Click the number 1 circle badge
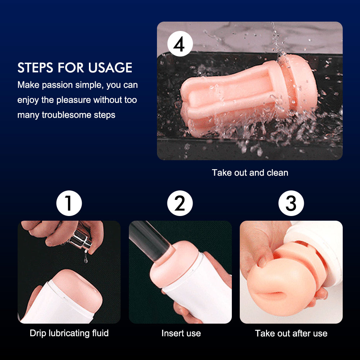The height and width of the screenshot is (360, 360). point(69,203)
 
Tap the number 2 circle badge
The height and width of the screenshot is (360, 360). point(180,203)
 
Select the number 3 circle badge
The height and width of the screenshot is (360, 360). point(291,203)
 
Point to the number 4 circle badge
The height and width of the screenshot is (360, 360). point(180,44)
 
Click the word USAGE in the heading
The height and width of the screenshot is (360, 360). point(110,68)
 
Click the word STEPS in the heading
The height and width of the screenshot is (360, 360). point(35,68)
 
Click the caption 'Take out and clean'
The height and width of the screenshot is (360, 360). point(250,173)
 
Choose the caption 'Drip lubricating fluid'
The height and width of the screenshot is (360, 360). point(69,333)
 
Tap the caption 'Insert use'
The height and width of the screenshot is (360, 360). point(181,333)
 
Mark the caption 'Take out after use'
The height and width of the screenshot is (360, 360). point(291,333)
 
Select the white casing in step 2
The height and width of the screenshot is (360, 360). point(197,289)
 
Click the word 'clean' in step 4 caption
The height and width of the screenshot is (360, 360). point(277,173)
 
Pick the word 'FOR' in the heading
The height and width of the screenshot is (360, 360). point(71,68)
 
